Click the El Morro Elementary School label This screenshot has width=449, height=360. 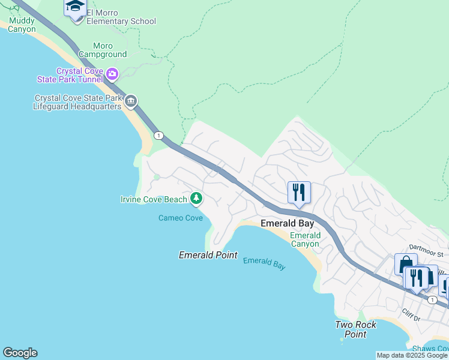click(121, 17)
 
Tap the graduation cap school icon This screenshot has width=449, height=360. click(76, 8)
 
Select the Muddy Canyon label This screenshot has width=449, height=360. click(22, 25)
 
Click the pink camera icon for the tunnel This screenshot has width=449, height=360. click(112, 74)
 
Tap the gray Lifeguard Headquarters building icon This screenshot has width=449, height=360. click(131, 101)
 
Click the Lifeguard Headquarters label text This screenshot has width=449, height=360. click(78, 103)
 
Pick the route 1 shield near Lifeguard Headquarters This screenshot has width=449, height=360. click(158, 135)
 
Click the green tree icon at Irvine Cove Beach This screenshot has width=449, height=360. click(196, 198)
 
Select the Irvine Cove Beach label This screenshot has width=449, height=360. click(154, 199)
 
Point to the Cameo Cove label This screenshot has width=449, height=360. click(181, 218)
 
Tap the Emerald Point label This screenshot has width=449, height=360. click(201, 255)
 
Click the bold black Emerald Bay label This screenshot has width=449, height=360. click(287, 223)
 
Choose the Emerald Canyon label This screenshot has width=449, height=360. click(305, 239)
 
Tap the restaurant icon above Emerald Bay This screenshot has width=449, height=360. click(299, 193)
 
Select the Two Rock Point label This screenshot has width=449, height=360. click(355, 329)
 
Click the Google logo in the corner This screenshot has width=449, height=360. click(20, 353)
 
